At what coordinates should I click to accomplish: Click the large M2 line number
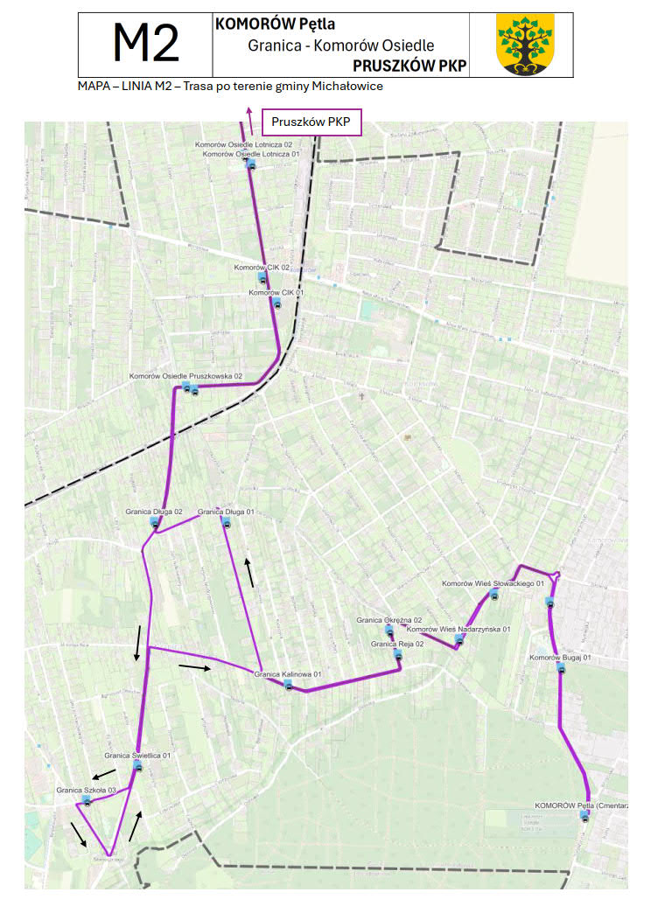(146, 43)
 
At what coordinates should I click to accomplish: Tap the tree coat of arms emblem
(525, 45)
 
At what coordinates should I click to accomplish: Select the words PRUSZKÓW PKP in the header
(409, 66)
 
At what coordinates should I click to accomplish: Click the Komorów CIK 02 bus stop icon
(262, 278)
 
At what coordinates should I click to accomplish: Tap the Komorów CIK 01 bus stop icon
(276, 303)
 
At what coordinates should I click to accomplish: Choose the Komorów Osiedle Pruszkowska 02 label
(185, 376)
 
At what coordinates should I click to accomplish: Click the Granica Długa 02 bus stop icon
(155, 523)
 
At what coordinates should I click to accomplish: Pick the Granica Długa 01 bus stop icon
(226, 523)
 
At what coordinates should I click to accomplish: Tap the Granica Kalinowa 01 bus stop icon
(289, 685)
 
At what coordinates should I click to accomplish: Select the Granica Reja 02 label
(397, 644)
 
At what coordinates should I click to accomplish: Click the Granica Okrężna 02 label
(388, 620)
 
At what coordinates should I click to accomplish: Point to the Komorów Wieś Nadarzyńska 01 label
(458, 629)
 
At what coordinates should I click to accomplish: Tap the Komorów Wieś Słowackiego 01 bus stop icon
(495, 596)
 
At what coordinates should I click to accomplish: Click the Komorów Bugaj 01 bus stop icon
(561, 668)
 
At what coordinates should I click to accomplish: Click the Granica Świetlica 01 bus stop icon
(137, 766)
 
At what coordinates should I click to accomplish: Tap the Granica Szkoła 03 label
(87, 790)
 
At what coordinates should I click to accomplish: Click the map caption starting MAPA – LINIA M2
(230, 87)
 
